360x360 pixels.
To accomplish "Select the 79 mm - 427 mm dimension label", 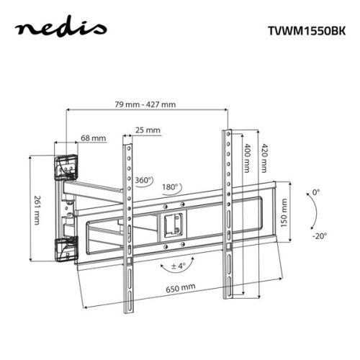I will coord(146,104).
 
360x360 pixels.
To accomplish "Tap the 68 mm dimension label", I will coord(94,138).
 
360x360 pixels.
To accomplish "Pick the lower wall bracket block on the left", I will coord(66,247).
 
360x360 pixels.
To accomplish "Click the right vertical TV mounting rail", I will coord(228,216).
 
